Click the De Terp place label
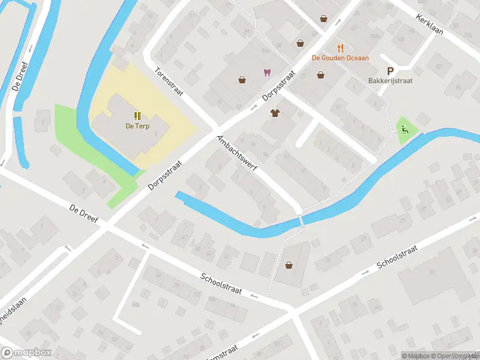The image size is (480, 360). point(137,126)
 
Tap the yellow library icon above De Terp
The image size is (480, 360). point(137,115)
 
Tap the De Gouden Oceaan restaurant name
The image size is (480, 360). point(340,58)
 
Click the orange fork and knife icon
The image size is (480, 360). point(340,48)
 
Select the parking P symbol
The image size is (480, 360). point(390,70)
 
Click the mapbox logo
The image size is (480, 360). point(26,353)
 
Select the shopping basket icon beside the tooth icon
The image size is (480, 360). point(242,79)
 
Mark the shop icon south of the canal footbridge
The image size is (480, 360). point(289,265)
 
